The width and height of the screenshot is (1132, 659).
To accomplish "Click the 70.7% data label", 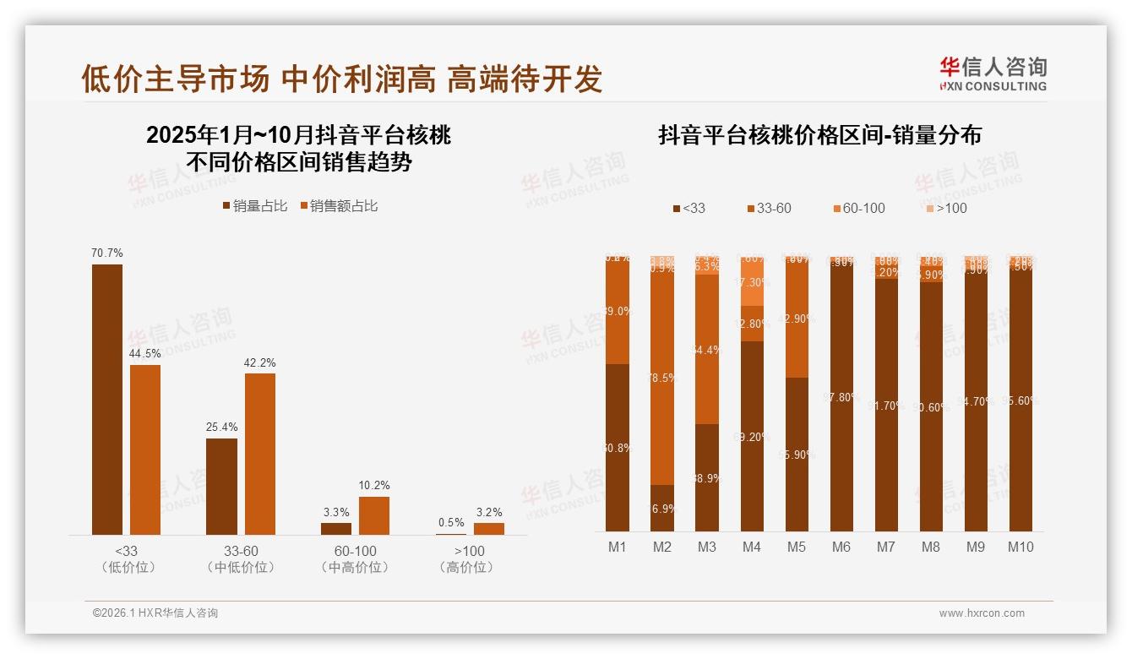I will click(107, 253).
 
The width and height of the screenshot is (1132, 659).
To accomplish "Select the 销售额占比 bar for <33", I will click(145, 449).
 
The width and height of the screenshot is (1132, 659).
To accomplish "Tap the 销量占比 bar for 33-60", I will click(221, 486).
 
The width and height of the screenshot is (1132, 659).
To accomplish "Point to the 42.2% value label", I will click(260, 362).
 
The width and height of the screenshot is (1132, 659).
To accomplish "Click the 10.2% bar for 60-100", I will click(374, 515).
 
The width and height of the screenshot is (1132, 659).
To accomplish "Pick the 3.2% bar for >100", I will click(489, 528).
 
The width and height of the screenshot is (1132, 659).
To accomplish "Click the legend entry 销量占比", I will click(254, 206).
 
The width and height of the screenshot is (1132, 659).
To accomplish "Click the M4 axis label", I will click(752, 547).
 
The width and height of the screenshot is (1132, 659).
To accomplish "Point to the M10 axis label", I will click(1020, 547).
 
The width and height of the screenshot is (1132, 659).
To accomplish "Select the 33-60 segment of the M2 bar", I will click(662, 377).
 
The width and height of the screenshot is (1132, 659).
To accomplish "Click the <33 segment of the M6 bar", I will click(841, 397).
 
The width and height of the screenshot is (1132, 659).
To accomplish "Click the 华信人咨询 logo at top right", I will click(993, 74).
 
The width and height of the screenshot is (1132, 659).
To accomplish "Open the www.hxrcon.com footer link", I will click(982, 613).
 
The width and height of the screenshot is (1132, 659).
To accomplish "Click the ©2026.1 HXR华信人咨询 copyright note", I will click(155, 613).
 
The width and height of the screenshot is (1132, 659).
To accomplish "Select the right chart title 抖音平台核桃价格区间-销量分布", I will click(819, 135).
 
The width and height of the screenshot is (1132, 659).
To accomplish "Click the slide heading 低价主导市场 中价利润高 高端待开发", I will click(342, 79).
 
